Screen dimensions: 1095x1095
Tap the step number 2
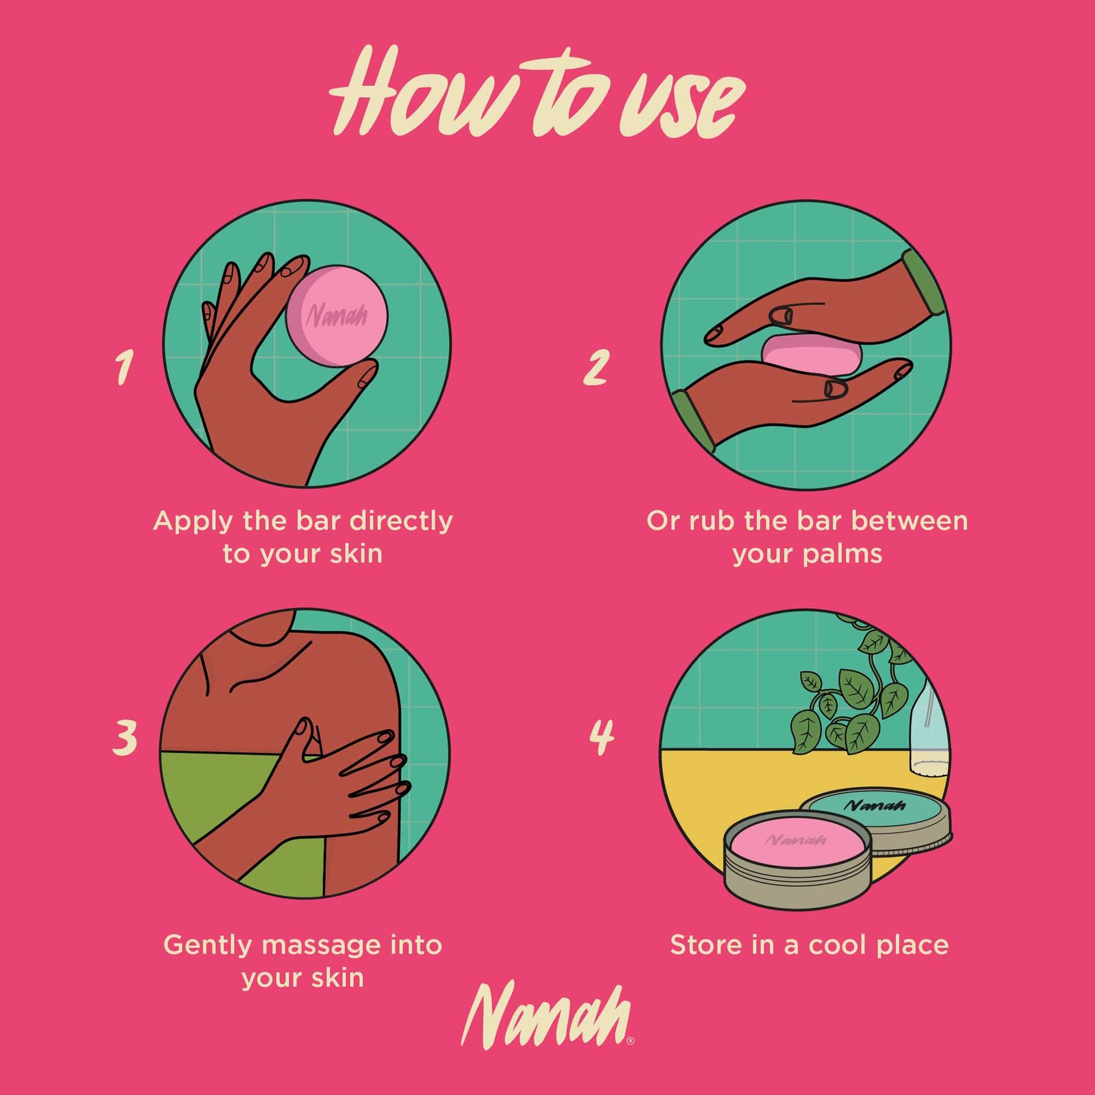click(595, 367)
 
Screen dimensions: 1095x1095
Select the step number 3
click(125, 738)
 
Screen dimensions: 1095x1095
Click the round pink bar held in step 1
click(337, 315)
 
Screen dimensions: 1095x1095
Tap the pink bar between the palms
click(812, 354)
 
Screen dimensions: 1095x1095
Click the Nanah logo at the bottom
click(547, 1015)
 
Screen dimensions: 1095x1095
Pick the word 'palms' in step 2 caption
click(842, 554)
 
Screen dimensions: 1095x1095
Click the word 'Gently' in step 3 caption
click(209, 946)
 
